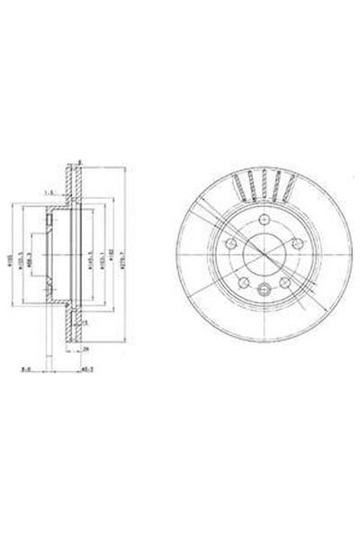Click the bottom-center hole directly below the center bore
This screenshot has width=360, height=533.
pos(263,289)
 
